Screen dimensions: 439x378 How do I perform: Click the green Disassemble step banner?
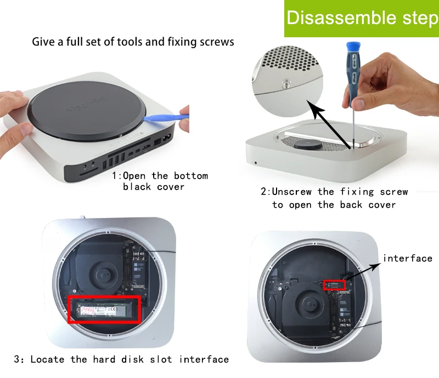(362, 19)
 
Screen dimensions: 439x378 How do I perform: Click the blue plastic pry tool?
(166, 118)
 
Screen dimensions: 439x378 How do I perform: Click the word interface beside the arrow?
(407, 258)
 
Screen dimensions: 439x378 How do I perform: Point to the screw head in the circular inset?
(286, 83)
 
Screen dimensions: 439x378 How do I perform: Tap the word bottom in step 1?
(191, 176)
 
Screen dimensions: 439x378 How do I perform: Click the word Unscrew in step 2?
(291, 192)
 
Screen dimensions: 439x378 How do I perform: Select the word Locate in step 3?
(47, 359)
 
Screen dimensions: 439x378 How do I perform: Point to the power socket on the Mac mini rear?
(167, 138)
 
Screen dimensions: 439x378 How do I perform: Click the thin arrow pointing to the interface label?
(363, 271)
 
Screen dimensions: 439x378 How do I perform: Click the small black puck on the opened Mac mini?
(309, 145)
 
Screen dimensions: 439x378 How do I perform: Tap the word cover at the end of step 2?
(382, 205)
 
